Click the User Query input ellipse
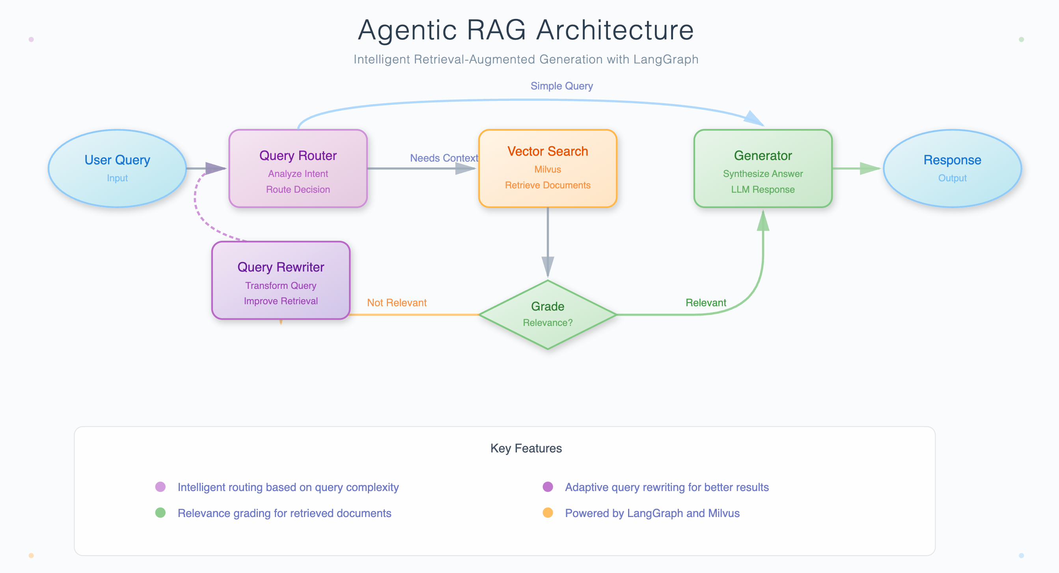117,168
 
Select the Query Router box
298,168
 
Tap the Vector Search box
547,168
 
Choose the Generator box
763,168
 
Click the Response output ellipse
952,168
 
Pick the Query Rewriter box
281,280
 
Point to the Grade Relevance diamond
547,314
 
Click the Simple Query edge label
561,86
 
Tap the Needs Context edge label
444,158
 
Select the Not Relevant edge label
397,303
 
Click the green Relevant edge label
705,303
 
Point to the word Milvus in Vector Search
547,169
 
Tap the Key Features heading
526,448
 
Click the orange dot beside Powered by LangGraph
548,513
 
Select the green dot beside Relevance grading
160,513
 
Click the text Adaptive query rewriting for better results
666,487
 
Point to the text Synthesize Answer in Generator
763,174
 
